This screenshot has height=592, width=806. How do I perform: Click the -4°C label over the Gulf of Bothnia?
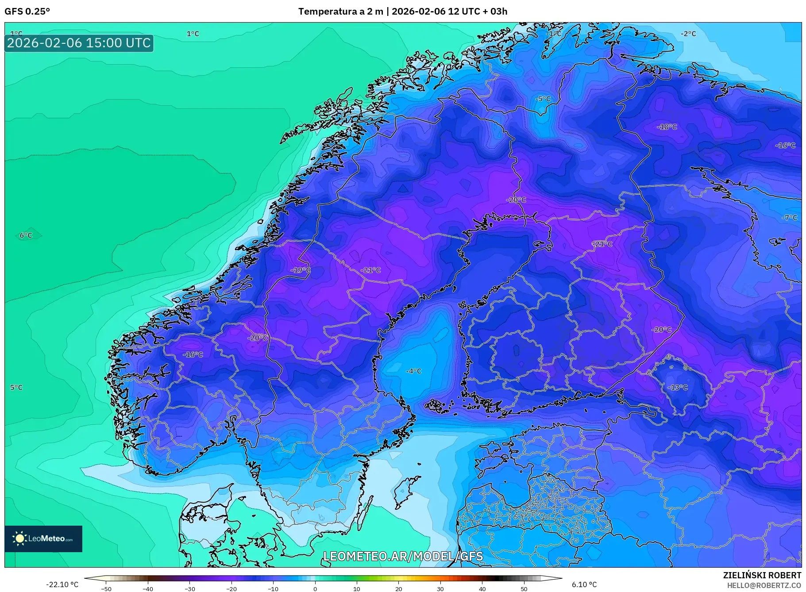pos(413,371)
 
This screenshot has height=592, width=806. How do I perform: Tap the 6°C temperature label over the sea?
pos(26,235)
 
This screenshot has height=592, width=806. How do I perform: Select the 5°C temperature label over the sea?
pos(16,388)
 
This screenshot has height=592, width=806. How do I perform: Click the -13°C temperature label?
pos(678,387)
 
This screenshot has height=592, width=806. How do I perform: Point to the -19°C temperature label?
pos(301,270)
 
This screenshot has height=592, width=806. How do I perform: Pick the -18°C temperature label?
pos(667,127)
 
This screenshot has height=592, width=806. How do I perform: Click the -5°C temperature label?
pos(543,99)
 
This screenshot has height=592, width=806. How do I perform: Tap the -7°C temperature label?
pos(789,218)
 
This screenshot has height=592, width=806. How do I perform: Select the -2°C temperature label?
pos(688,34)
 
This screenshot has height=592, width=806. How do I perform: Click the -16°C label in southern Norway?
pos(193,354)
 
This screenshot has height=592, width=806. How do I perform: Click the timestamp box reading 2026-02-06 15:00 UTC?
pos(79,43)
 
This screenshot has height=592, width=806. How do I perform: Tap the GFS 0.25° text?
pos(27,12)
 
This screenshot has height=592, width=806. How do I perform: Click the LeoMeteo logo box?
pos(43,538)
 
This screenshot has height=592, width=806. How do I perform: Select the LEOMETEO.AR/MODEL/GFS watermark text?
pos(403,556)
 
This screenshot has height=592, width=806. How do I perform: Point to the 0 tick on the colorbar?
pos(315,588)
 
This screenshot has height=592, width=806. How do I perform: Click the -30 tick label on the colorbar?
pos(189,588)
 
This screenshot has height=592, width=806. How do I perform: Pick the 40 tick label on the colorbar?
pos(482,588)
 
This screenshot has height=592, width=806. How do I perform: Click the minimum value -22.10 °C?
pos(62,584)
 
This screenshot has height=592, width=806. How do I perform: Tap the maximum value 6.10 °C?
pos(584,584)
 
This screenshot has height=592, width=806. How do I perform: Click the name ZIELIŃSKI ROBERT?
pos(762,575)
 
